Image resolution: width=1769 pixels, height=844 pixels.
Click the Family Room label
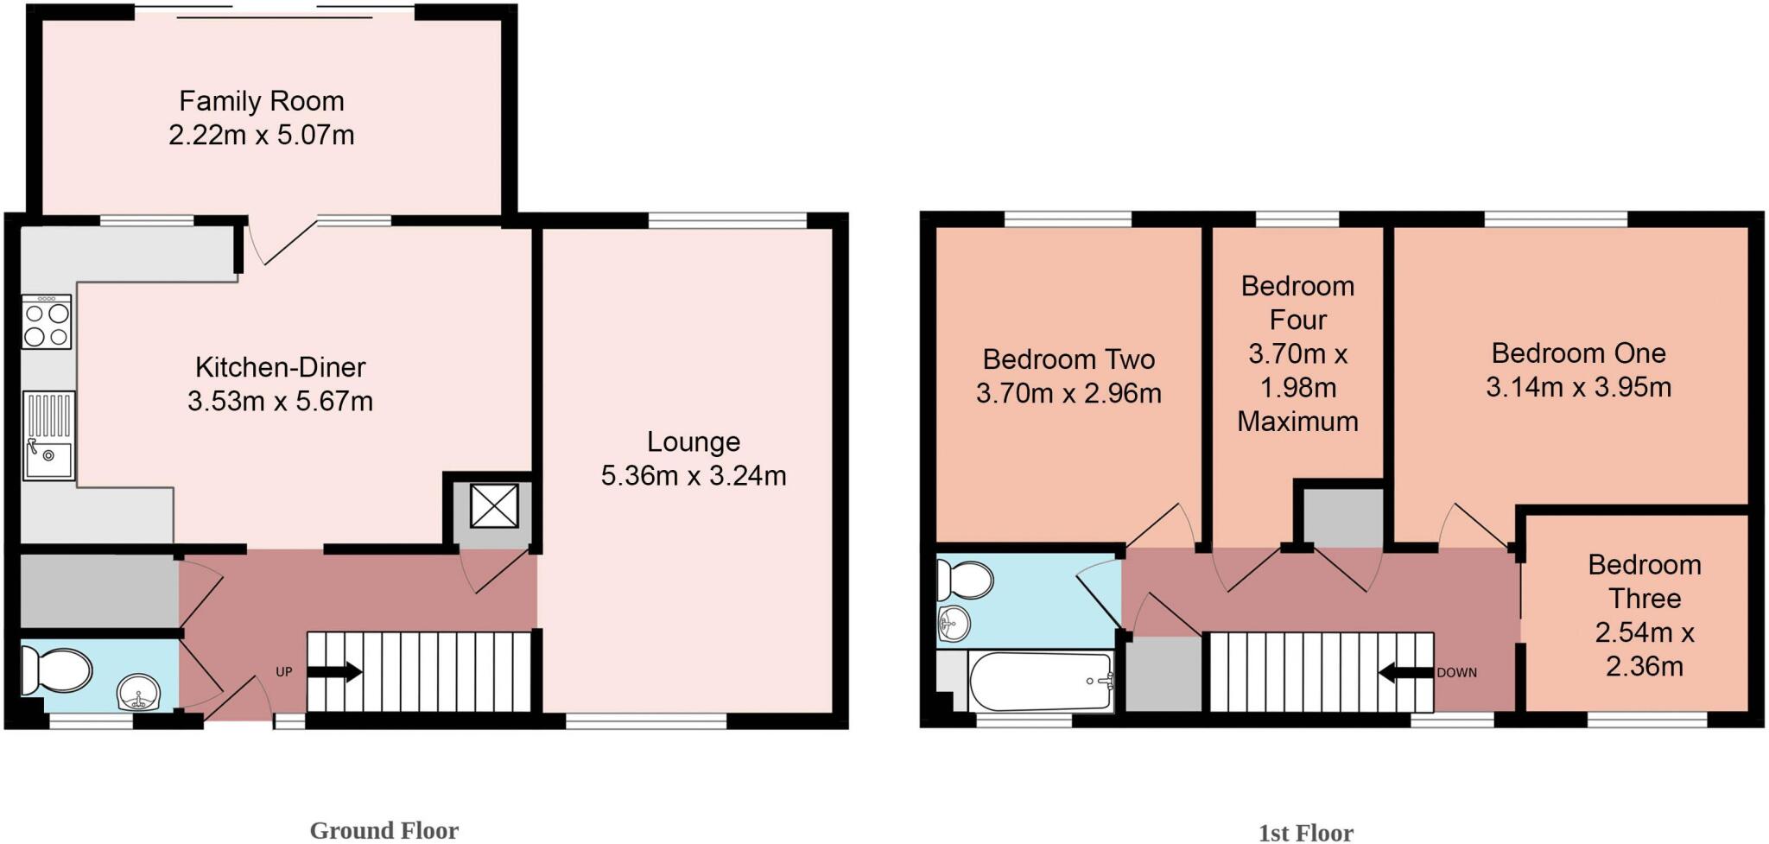click(x=261, y=101)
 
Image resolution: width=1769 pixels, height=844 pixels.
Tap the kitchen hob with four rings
click(x=47, y=322)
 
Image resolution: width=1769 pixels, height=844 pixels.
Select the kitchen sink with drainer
click(x=49, y=435)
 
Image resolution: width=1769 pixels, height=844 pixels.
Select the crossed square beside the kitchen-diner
click(x=494, y=505)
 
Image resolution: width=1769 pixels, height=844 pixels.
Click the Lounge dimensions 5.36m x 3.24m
click(x=694, y=476)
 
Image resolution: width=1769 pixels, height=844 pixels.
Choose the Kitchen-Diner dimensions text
click(x=280, y=402)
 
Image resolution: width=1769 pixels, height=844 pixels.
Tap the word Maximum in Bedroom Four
click(x=1297, y=422)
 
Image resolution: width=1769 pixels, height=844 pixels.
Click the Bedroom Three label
click(x=1644, y=581)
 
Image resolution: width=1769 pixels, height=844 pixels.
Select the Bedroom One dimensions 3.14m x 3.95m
click(x=1578, y=387)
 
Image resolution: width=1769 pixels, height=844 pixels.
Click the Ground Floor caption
click(x=384, y=830)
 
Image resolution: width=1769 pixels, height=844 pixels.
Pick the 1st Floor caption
click(x=1305, y=833)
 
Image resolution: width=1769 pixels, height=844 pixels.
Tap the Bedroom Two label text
click(x=1068, y=359)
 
